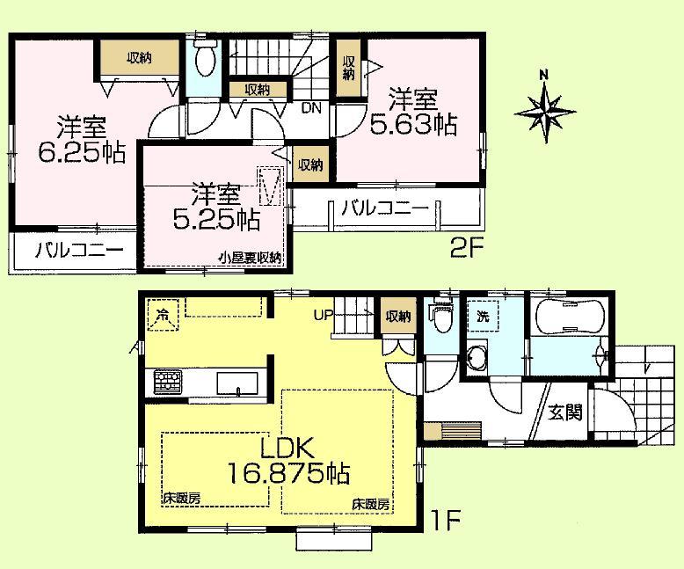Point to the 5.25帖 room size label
click(215, 208)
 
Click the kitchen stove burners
click(166, 383)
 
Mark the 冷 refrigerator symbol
click(163, 314)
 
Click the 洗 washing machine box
click(484, 315)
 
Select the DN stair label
click(310, 109)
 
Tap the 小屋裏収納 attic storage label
click(251, 258)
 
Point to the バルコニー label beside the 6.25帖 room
click(78, 249)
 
